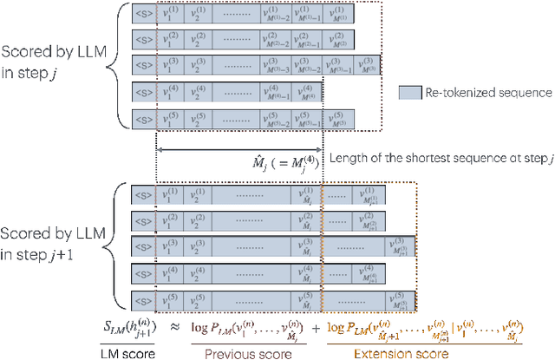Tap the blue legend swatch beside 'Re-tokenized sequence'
pyautogui.click(x=411, y=92)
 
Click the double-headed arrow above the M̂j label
pyautogui.click(x=239, y=148)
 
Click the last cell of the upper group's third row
pyautogui.click(x=368, y=66)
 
